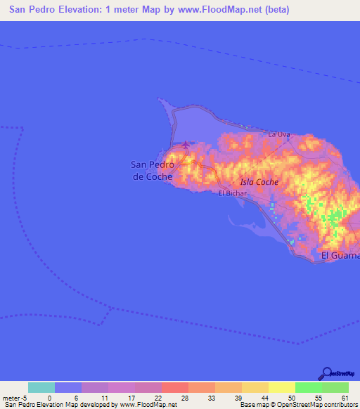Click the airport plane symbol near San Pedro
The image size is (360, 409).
pos(186,145)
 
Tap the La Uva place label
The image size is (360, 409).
pos(279,134)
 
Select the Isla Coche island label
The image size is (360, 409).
pos(259,182)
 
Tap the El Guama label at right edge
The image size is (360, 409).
pos(340,256)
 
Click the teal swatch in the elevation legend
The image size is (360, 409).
pos(41,387)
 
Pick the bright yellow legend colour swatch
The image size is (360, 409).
pos(282,387)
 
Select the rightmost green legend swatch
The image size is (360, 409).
pos(335,387)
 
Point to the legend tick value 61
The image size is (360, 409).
pos(345,397)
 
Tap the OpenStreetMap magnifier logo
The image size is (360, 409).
pos(326,373)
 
